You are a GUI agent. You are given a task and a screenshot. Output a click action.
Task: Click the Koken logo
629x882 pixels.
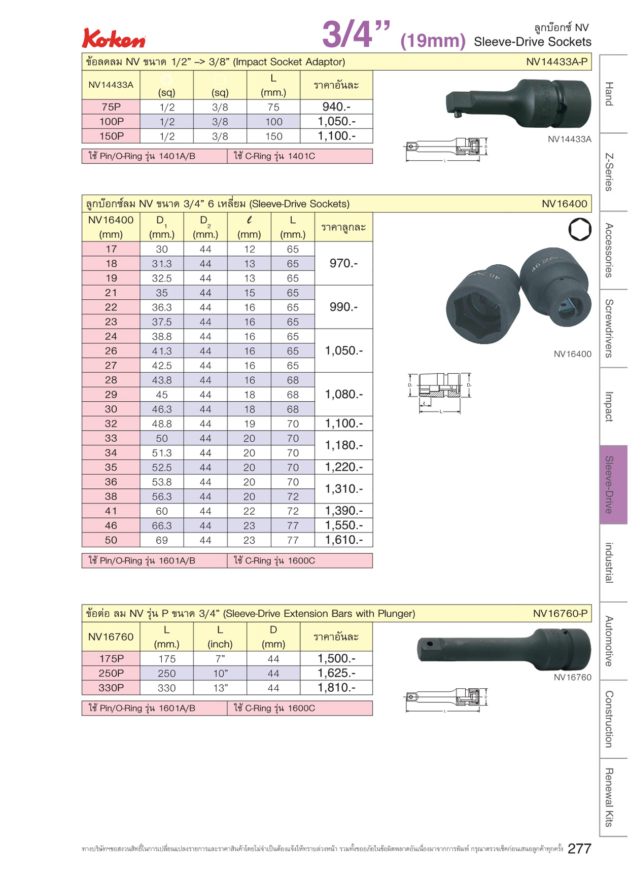114,39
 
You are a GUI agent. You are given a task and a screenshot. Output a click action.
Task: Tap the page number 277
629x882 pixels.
579,849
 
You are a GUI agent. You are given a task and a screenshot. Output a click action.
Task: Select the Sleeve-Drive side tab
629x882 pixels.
613,484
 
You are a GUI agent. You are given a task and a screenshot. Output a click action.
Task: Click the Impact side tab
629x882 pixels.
613,407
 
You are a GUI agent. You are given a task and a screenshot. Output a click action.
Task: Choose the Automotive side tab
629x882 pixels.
613,641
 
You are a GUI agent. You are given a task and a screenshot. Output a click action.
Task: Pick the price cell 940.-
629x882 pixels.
336,107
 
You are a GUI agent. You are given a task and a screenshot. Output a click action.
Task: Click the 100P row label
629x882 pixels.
111,122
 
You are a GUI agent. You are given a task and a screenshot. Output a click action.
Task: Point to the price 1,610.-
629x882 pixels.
344,540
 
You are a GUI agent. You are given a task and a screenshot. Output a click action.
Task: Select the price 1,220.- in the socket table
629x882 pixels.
344,467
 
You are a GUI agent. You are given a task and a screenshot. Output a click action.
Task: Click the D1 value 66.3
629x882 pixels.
162,526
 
